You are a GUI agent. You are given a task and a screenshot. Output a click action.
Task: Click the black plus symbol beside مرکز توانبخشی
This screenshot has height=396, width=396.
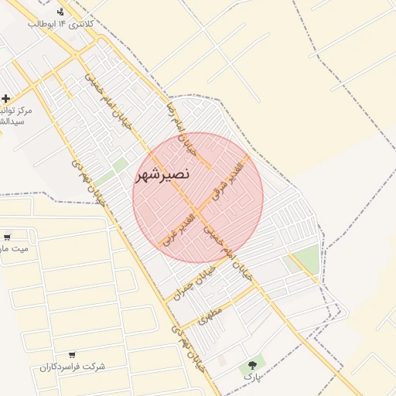tap(6, 98)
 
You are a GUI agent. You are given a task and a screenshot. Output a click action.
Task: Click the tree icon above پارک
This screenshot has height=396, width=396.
tap(251, 364)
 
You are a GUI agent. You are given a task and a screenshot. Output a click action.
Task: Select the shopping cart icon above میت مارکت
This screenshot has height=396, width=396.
tap(7, 237)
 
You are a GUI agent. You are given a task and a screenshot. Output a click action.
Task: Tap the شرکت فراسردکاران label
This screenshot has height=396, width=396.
tap(72, 366)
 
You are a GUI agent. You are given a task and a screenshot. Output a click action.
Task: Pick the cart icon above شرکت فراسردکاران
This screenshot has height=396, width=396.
tap(72, 353)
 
